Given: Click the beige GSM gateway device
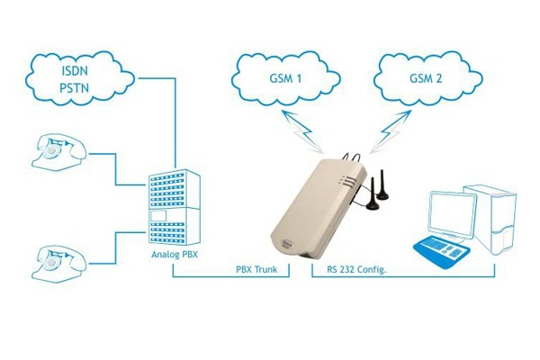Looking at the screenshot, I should [x=315, y=211].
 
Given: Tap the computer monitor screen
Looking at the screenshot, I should [x=453, y=211].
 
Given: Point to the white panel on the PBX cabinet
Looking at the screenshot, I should [x=158, y=216].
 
